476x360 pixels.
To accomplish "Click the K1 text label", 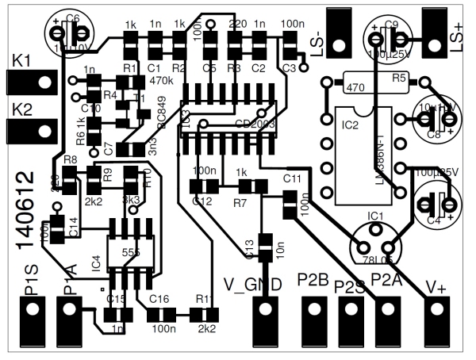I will coord(21,59).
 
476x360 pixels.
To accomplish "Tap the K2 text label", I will coord(21,108).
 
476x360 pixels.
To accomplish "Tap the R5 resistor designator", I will coord(398,78).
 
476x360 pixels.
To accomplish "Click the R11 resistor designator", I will coord(204,299).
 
